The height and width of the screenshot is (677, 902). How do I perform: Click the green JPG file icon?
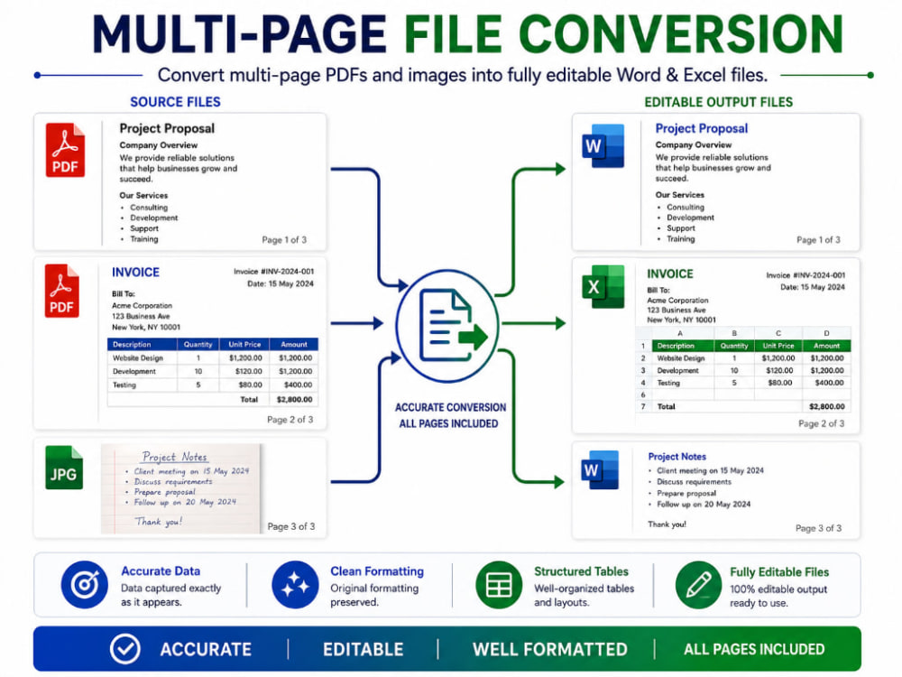(64, 468)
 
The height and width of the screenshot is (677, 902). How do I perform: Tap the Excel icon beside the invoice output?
(603, 286)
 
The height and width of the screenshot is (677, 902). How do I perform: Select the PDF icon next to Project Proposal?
(65, 150)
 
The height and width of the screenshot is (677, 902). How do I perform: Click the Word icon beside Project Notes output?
(600, 469)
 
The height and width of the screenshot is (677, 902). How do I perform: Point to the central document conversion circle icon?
(447, 325)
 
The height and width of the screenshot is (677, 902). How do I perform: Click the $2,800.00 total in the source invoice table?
(295, 399)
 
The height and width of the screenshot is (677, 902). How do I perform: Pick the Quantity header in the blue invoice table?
(198, 344)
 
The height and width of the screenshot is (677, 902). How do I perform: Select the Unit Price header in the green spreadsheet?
(778, 346)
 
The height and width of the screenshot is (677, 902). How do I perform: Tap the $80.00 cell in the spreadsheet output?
(780, 382)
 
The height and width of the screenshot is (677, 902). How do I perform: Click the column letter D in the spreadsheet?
(826, 333)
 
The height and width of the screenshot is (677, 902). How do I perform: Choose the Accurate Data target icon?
(84, 585)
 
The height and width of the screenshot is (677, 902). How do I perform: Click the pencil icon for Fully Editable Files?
(698, 586)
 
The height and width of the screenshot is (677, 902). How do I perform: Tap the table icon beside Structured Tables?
(499, 585)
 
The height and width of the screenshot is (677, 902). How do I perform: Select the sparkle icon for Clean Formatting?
(295, 585)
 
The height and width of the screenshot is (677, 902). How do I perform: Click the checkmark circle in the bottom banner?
(124, 649)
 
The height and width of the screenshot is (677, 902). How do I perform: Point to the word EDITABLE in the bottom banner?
(363, 649)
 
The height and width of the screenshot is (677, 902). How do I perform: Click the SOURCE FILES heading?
(176, 102)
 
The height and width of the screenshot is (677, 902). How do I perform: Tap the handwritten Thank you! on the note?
(158, 522)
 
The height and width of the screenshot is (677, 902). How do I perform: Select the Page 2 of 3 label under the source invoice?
(290, 420)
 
